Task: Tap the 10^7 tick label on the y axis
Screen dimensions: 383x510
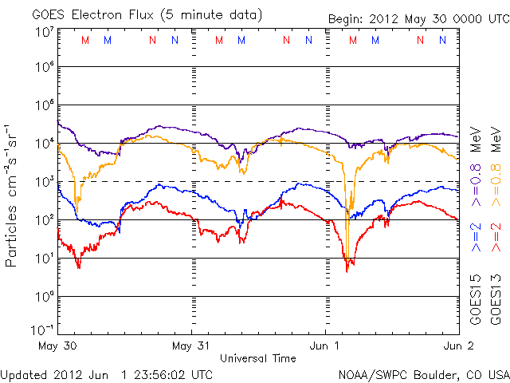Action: tap(44, 31)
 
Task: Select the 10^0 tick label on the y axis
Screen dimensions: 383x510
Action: tap(44, 297)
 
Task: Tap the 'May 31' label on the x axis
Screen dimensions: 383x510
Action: tap(191, 346)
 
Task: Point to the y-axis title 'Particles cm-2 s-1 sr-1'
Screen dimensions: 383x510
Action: tap(13, 195)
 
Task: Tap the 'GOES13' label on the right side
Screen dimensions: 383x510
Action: tap(496, 301)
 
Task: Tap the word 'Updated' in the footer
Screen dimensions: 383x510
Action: tap(25, 373)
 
